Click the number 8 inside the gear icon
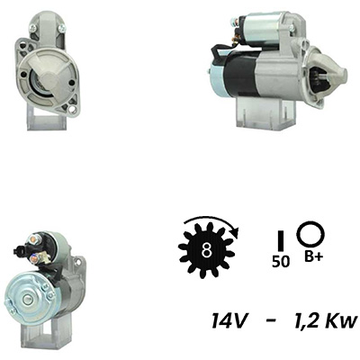point(206,250)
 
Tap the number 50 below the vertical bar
point(281,262)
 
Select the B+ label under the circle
point(312,256)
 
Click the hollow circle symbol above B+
point(310,234)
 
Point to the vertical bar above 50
point(281,241)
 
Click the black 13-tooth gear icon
point(206,250)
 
